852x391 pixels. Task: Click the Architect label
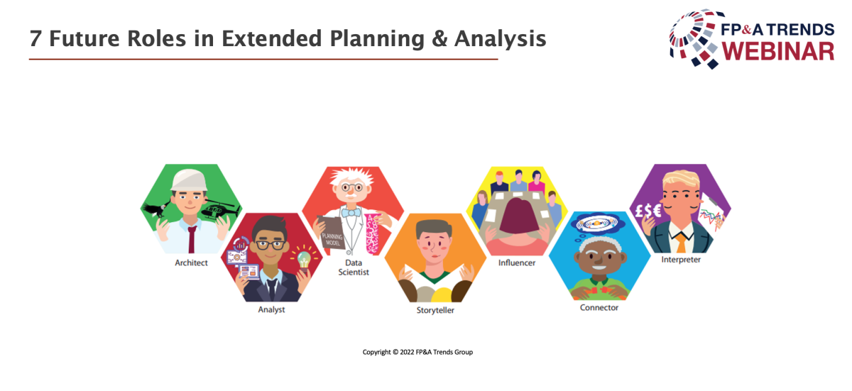pos(191,263)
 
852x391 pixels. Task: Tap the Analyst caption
pos(271,309)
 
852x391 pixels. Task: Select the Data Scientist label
pos(354,267)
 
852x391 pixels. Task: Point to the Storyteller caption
pos(435,310)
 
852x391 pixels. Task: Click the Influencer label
pos(517,263)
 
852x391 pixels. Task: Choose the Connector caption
pos(599,307)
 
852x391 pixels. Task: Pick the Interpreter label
pos(681,260)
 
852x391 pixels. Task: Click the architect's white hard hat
pos(189,180)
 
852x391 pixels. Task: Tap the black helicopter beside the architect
pos(219,209)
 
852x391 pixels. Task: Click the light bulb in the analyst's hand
pos(304,260)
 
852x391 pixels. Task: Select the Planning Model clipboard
pos(331,232)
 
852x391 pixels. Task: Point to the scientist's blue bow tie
pos(351,212)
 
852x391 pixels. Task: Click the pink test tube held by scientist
pos(371,233)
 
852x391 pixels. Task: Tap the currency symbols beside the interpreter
pos(648,211)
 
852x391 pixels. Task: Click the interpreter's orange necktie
pos(681,243)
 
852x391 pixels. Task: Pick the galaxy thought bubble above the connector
pos(598,224)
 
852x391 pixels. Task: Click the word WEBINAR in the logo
pos(778,52)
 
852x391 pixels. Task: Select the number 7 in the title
pos(35,39)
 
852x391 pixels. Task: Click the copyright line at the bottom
pos(417,352)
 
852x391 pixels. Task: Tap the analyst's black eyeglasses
pos(271,245)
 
